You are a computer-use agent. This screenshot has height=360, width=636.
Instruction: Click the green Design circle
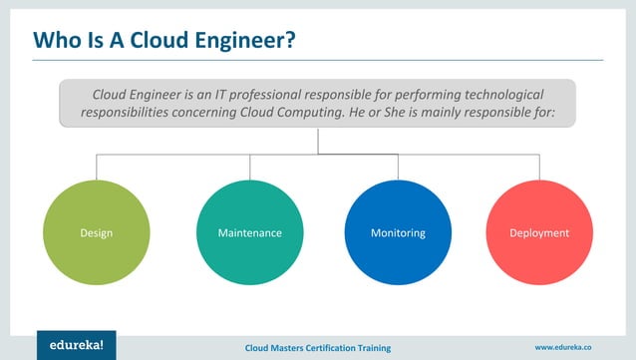(96, 233)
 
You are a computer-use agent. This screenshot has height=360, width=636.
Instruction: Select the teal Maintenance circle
(249, 233)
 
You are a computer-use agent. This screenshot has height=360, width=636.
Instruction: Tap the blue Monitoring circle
(398, 233)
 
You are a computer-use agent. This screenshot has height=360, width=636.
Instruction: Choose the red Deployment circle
(539, 233)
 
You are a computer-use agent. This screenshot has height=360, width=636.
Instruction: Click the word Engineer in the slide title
(235, 40)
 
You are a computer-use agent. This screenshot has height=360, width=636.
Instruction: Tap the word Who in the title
(57, 40)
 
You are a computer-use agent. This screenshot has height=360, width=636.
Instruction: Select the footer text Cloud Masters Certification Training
(319, 346)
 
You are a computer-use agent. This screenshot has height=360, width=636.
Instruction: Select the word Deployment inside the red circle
(539, 233)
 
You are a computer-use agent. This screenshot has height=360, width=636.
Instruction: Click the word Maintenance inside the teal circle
(249, 233)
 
